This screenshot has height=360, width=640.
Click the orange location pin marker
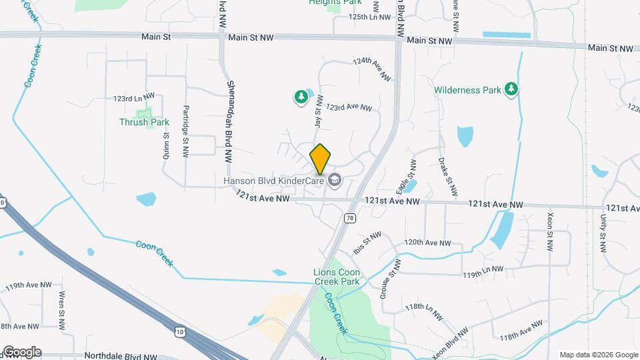pos(321,159)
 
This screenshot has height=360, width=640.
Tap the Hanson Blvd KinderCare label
pos(273,180)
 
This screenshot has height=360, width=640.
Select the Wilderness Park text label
pos(467,89)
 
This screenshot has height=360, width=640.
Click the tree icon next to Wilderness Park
pos(511,89)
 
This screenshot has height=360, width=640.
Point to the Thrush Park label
pos(144,122)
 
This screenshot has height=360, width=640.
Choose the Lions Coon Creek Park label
pos(337,277)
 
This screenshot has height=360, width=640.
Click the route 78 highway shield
pos(349,218)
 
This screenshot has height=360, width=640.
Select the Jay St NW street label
pos(318,113)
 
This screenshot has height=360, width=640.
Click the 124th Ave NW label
pos(371,69)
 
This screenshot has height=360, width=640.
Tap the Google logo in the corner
pos(21,351)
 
